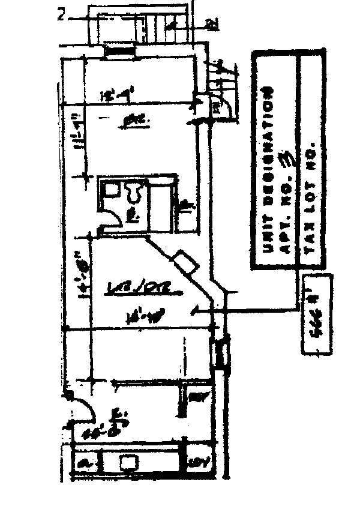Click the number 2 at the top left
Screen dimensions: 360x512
[x=61, y=14]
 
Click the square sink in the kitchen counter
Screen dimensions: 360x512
[x=127, y=462]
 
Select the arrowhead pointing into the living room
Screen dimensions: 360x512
[x=194, y=310]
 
